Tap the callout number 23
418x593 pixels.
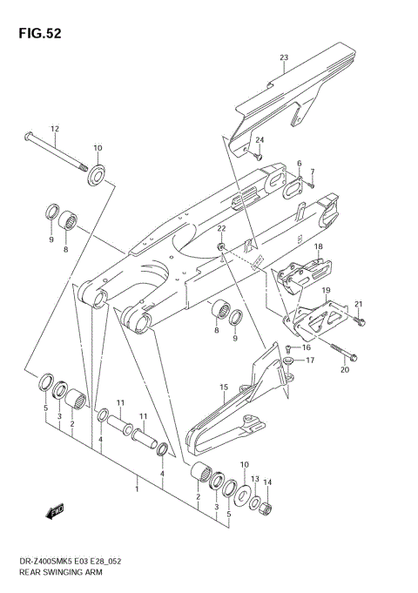point(283,58)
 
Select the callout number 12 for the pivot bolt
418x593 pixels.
point(54,129)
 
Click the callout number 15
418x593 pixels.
point(224,387)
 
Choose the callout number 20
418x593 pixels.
point(344,369)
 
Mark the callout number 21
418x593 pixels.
point(357,304)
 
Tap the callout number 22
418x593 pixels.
point(221,228)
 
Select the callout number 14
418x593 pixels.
point(268,482)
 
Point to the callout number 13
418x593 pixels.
point(255,479)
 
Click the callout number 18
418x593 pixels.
point(319,247)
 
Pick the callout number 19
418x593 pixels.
point(326,290)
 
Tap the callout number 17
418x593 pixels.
point(310,359)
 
